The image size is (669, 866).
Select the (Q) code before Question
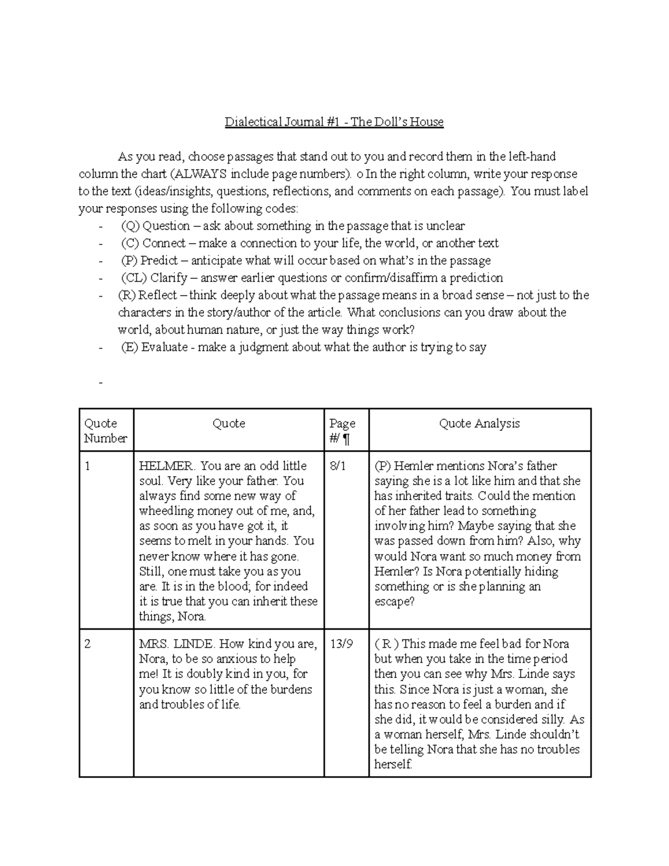[130, 226]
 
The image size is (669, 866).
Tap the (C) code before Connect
[130, 243]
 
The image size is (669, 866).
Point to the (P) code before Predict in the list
[129, 260]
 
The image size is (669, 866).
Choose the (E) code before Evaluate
[129, 347]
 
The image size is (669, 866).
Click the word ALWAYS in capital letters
[197, 174]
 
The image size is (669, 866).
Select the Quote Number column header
[105, 430]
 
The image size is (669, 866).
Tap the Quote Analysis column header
[479, 423]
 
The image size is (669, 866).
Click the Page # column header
[342, 431]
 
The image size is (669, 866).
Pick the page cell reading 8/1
[338, 466]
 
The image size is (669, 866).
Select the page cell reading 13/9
[341, 644]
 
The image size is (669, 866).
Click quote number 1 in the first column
[87, 466]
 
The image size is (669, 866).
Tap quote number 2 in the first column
[87, 644]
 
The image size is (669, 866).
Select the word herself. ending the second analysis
[393, 765]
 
